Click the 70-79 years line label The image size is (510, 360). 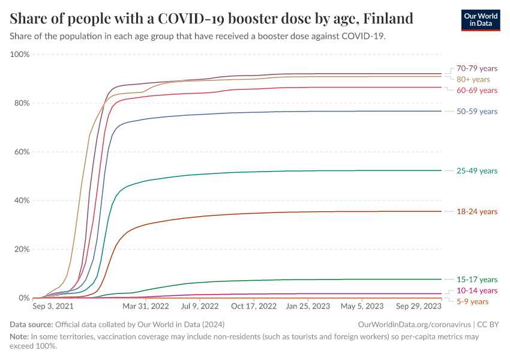(476, 68)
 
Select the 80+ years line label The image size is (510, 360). (473, 79)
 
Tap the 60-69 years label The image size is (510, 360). (476, 91)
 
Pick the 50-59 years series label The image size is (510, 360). (476, 112)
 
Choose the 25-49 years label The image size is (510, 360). (476, 171)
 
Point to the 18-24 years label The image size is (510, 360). (476, 212)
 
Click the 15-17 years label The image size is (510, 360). (476, 280)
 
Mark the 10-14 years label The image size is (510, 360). (476, 290)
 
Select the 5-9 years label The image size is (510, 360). (472, 301)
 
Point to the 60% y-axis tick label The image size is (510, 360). (22, 152)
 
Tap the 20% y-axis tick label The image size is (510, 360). (22, 249)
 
